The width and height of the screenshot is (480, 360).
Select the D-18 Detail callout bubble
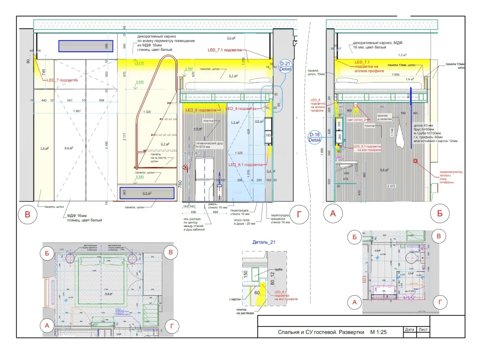315,137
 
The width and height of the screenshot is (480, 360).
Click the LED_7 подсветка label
62,80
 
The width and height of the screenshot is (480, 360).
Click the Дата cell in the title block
409,330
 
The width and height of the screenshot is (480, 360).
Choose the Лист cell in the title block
423,330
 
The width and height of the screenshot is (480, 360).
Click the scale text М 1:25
382,332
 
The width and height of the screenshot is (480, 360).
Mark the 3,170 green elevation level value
140,63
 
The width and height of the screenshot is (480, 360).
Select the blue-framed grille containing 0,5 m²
146,193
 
